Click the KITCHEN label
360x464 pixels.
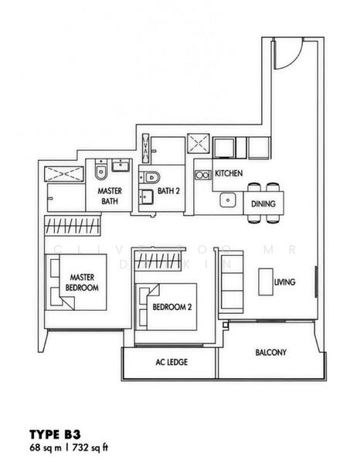coord(229,174)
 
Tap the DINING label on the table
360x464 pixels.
coord(263,204)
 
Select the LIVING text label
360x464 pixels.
coord(285,283)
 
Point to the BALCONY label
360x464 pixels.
coord(271,353)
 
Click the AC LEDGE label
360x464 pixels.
coord(172,361)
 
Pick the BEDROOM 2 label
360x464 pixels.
coord(172,306)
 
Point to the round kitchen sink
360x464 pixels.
coord(227,200)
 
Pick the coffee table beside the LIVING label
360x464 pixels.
coord(266,282)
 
